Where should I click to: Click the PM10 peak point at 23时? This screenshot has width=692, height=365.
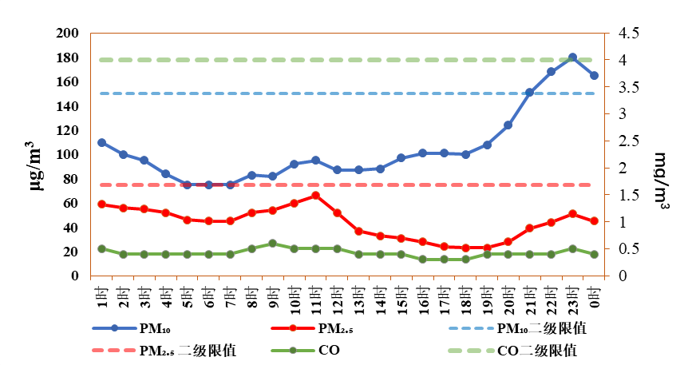pyautogui.click(x=573, y=58)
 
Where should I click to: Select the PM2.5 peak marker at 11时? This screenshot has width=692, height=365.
pyautogui.click(x=315, y=196)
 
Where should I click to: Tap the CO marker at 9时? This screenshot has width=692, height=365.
pyautogui.click(x=273, y=244)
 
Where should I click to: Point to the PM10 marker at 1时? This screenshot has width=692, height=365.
pyautogui.click(x=102, y=142)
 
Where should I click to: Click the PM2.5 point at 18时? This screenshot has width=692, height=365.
pyautogui.click(x=465, y=248)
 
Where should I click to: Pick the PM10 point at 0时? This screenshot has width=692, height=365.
pyautogui.click(x=594, y=75)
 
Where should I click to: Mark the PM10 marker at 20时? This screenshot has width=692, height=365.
pyautogui.click(x=508, y=125)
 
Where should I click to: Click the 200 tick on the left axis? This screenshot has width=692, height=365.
pyautogui.click(x=68, y=33)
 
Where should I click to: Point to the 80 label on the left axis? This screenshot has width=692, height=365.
pyautogui.click(x=71, y=179)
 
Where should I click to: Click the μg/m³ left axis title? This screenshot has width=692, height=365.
pyautogui.click(x=37, y=165)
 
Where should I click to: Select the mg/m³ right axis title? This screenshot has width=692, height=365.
pyautogui.click(x=661, y=181)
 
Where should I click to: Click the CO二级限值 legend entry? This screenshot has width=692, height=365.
pyautogui.click(x=512, y=351)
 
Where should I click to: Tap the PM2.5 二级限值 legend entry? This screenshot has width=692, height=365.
pyautogui.click(x=164, y=351)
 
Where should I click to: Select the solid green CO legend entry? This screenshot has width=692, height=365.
pyautogui.click(x=306, y=351)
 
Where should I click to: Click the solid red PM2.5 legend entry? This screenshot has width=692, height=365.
pyautogui.click(x=312, y=328)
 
